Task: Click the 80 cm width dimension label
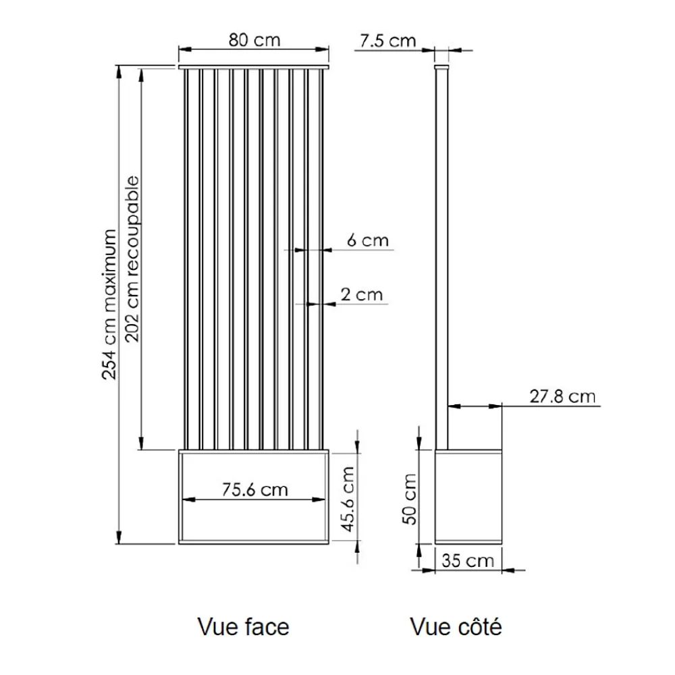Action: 254,40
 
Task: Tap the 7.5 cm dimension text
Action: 388,41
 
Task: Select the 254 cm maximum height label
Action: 109,304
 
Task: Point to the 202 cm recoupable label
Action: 132,259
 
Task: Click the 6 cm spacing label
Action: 368,240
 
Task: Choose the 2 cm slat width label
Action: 362,295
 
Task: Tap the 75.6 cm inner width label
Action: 255,490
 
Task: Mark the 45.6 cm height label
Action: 348,499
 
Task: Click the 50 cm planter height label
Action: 410,499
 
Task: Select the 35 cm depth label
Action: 468,561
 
